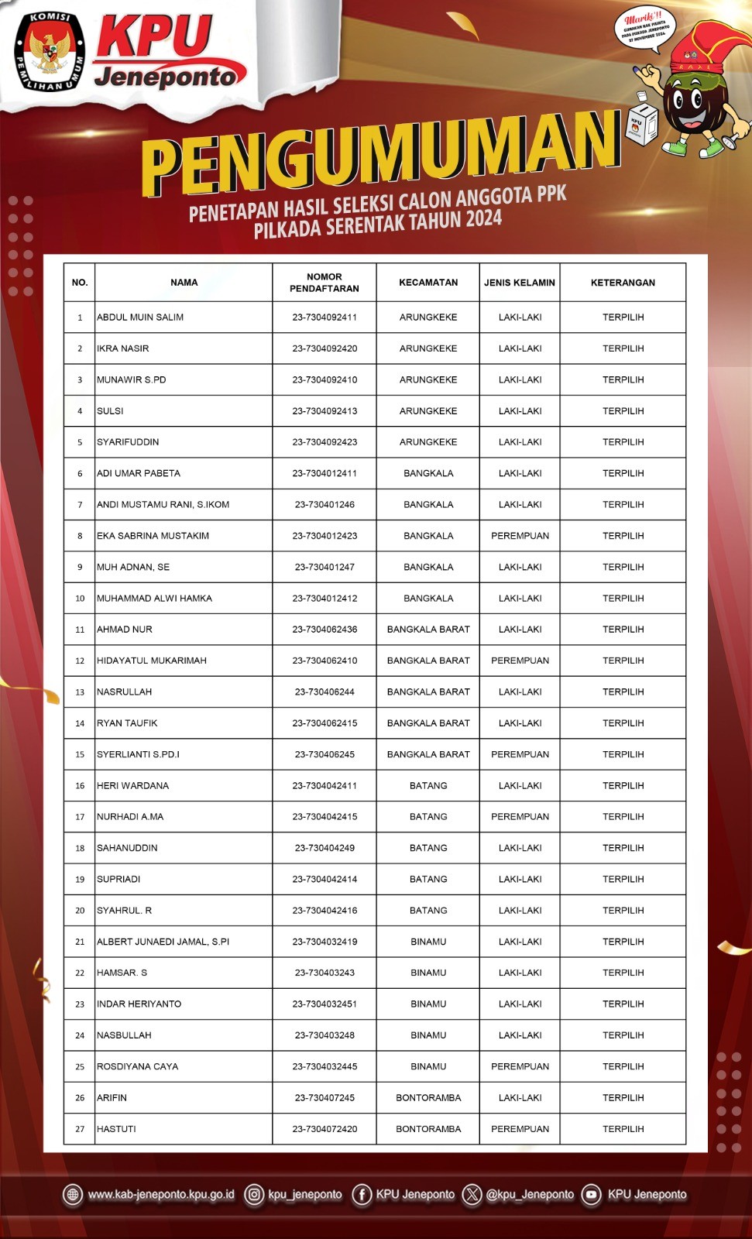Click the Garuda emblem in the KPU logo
click(x=48, y=50)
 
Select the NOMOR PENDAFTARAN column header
click(x=324, y=283)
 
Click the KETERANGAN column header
click(x=623, y=283)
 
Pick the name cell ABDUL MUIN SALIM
click(x=140, y=317)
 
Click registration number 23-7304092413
click(x=324, y=411)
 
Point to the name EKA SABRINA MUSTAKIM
click(x=153, y=536)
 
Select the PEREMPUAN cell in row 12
click(x=520, y=661)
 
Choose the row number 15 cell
click(x=80, y=754)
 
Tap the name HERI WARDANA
click(x=132, y=785)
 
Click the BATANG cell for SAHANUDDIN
click(x=428, y=848)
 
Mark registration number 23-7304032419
click(x=324, y=942)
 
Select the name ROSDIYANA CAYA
click(x=137, y=1066)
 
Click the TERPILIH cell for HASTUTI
click(x=623, y=1129)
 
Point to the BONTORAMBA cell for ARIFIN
click(x=428, y=1098)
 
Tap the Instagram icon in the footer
click(x=254, y=1195)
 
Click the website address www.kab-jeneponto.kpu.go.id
click(x=161, y=1195)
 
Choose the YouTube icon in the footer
click(x=592, y=1195)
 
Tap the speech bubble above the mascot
click(x=644, y=29)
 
